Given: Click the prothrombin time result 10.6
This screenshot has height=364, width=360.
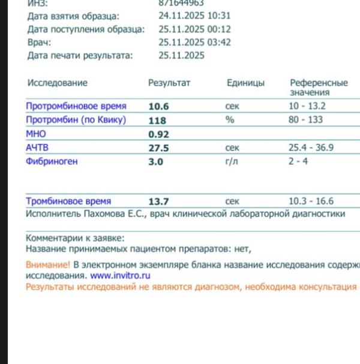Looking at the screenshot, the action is (159, 107).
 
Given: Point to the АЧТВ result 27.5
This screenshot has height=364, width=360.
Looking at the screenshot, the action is (159, 148).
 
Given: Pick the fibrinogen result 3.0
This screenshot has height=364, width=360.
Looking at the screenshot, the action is (155, 161).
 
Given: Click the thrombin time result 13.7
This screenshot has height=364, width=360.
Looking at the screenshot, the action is (159, 202).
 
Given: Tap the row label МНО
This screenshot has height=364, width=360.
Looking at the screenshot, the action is (35, 134).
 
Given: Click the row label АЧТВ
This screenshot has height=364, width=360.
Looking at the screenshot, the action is (37, 148).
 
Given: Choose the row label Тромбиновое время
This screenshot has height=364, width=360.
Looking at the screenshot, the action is (68, 202).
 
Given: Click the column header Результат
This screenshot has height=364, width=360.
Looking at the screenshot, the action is (169, 83).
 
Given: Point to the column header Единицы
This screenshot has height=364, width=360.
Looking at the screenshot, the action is (245, 83).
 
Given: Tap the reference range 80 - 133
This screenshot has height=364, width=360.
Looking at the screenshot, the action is (305, 120).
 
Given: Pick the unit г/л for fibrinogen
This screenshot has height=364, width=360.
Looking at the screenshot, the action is (231, 161).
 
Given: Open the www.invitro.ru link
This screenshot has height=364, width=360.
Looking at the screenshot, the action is (120, 276).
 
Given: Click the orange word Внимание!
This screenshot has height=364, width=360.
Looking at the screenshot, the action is (48, 264).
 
